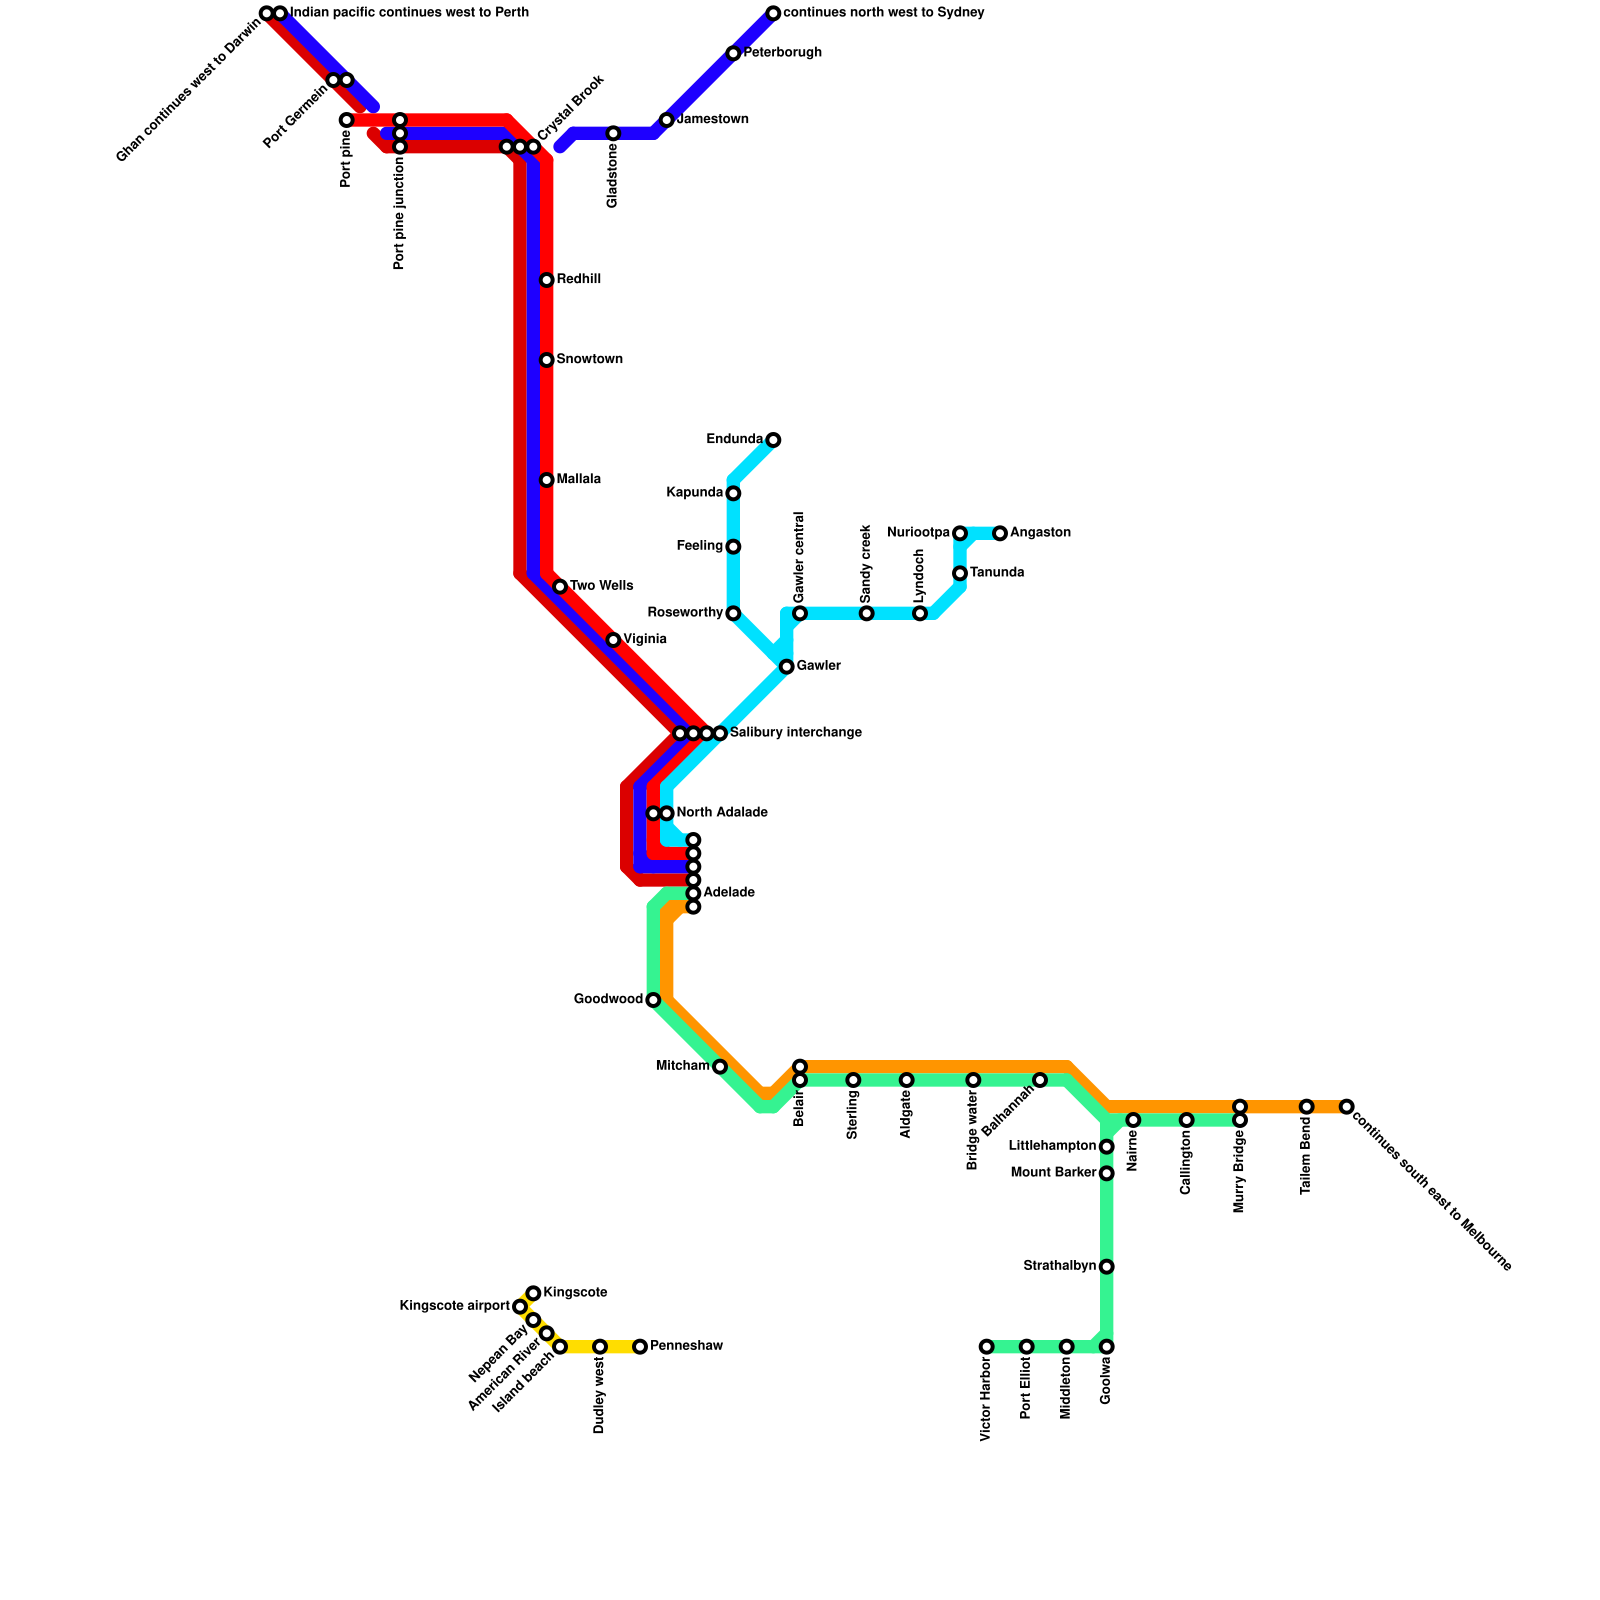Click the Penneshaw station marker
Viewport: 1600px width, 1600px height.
640,1347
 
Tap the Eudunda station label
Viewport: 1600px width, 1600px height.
734,440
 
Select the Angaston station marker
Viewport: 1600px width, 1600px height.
1000,533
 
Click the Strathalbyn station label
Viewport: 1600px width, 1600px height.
1059,1267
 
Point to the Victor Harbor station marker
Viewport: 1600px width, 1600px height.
987,1347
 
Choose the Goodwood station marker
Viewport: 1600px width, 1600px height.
653,1000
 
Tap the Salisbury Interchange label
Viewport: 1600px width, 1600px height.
795,733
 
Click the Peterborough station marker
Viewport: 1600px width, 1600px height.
733,53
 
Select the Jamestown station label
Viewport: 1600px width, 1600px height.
712,120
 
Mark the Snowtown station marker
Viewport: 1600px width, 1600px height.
546,360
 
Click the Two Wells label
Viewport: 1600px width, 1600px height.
601,586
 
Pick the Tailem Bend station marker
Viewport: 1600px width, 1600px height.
1307,1106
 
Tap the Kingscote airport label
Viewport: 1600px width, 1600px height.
454,1307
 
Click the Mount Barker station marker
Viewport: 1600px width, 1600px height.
1107,1173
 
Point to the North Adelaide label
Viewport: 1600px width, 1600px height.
721,813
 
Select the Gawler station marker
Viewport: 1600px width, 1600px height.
787,667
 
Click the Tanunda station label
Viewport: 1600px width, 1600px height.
996,573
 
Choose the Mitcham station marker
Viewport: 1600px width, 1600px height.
720,1067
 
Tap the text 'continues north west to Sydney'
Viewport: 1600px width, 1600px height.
883,13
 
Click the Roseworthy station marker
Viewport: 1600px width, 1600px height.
733,613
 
